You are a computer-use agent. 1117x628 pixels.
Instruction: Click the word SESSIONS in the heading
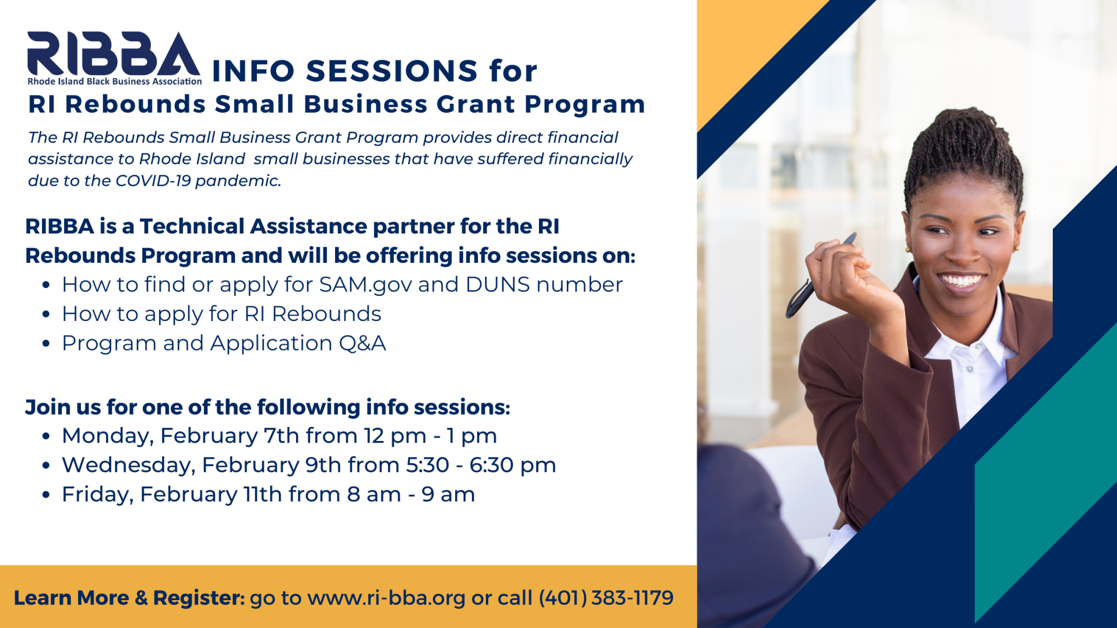pos(392,71)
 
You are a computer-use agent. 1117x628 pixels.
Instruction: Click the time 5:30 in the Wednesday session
pos(427,465)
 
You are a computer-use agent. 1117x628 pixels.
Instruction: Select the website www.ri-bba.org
pos(386,598)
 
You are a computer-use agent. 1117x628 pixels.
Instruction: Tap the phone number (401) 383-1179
pos(606,598)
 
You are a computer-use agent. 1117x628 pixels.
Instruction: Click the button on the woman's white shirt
pos(970,369)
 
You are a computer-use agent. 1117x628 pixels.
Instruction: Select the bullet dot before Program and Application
pos(46,344)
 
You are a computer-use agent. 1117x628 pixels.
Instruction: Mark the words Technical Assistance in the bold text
pos(254,227)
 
